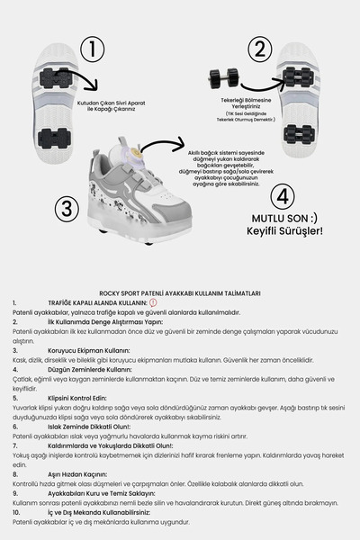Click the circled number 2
click(260, 49)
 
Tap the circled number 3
click(64, 210)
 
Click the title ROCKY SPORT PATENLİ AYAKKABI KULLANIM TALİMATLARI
click(180, 292)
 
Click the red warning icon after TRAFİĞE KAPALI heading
click(153, 302)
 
